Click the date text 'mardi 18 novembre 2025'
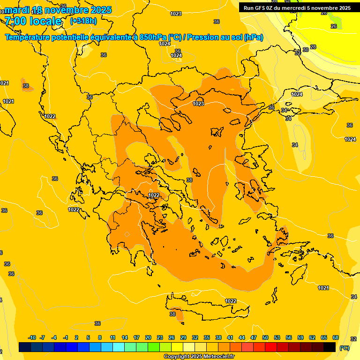(x=58, y=10)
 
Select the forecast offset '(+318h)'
(x=83, y=21)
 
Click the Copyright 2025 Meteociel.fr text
(x=199, y=357)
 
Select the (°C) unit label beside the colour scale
(x=344, y=347)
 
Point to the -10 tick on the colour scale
(x=32, y=337)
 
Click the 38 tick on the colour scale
(x=218, y=337)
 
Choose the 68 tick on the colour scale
(x=336, y=337)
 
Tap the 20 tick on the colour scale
(x=148, y=337)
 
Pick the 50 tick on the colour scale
(x=265, y=337)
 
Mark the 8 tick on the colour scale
(x=100, y=337)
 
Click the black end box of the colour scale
(x=330, y=347)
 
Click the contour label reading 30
(x=305, y=50)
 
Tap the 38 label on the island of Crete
(x=172, y=314)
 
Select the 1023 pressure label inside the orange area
(x=198, y=104)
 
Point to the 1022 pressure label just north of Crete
(x=231, y=301)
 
